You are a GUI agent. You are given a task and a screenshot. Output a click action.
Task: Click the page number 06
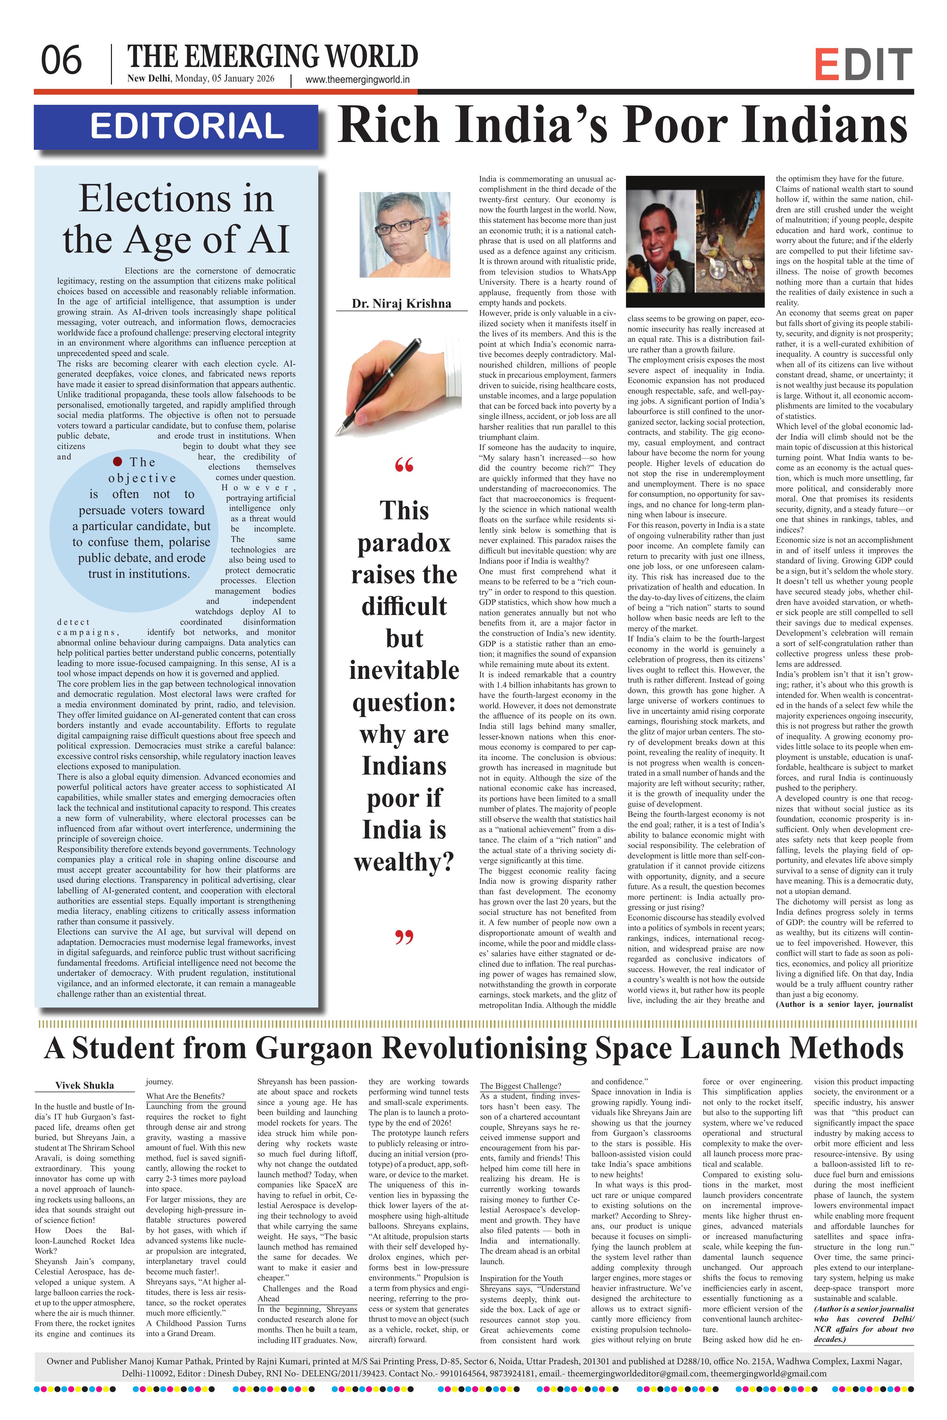61,61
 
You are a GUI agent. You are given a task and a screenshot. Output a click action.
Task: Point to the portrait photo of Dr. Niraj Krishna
405,234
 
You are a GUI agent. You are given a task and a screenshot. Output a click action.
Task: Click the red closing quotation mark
404,938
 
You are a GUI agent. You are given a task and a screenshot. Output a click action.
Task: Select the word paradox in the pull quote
404,543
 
